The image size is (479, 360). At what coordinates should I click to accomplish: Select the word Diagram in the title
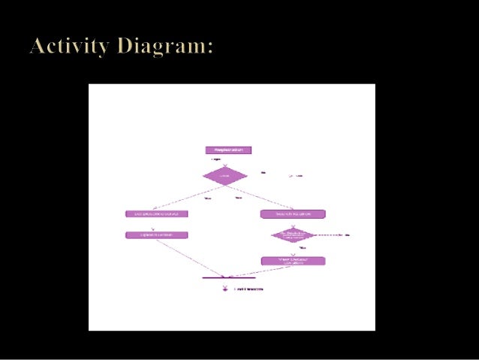tap(167, 47)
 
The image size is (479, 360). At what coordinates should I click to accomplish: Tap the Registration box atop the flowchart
tap(228, 150)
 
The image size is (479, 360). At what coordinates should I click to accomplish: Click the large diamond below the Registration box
tap(225, 176)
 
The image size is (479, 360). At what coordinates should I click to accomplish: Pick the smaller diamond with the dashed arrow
tap(293, 235)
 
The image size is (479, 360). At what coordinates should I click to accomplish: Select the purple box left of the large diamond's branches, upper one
tap(156, 213)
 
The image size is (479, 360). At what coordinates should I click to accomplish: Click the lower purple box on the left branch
tap(156, 235)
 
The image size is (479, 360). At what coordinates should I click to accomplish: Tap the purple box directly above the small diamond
tap(293, 213)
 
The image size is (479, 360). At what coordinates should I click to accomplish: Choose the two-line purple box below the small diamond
tap(293, 261)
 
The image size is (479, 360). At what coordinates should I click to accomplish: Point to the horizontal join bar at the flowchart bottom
tap(224, 277)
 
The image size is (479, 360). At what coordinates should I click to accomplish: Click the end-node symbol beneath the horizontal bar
tap(224, 288)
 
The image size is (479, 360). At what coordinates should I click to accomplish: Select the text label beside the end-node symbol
tap(250, 289)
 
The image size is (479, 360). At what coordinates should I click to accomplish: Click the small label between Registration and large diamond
tap(216, 159)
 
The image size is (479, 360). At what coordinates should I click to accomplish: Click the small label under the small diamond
tap(302, 247)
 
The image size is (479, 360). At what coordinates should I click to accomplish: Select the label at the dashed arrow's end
tap(348, 235)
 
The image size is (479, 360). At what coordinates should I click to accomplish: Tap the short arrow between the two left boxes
tap(153, 225)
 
